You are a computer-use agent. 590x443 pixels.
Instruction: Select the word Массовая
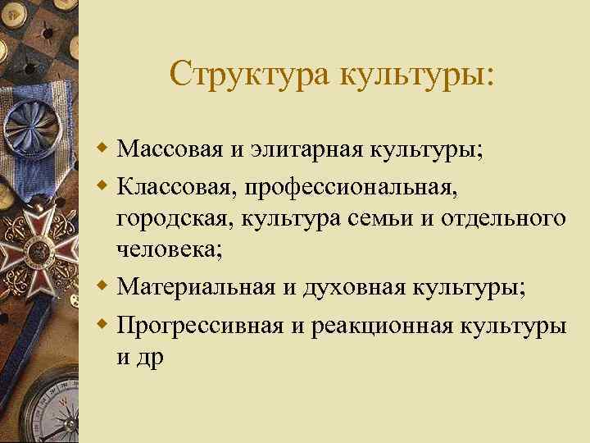[168, 150]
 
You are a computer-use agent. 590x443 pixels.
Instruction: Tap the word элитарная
[294, 150]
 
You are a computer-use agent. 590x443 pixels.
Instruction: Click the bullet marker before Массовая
[103, 151]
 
